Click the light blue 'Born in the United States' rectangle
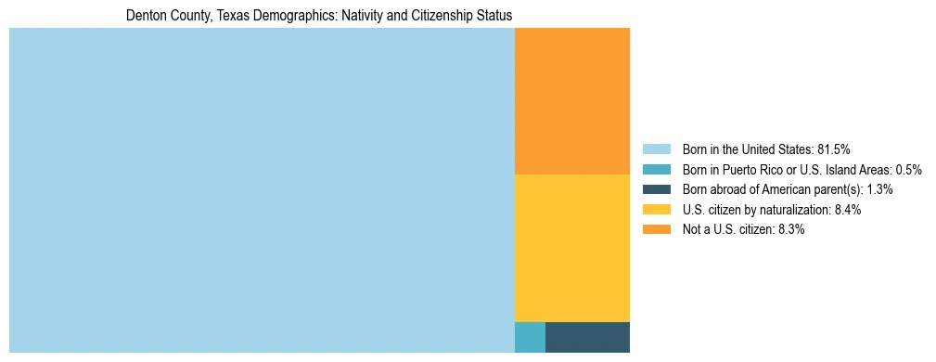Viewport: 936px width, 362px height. pos(262,190)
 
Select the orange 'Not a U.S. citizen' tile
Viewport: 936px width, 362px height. pos(571,101)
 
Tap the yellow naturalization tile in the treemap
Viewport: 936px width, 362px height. pos(571,248)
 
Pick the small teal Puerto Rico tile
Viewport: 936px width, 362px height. pos(530,337)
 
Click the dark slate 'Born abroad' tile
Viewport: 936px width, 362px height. pos(587,337)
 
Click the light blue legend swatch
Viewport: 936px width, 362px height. pos(656,149)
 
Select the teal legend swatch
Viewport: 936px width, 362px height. pos(656,169)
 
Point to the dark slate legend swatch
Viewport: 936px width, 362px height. pos(656,189)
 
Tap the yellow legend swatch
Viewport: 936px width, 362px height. pos(656,210)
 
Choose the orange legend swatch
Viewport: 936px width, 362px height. pos(656,230)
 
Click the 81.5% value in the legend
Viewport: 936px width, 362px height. pos(833,149)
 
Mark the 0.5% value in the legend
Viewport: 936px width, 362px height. pos(908,169)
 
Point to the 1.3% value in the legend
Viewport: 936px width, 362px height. pos(880,189)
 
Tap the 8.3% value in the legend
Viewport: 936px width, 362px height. pos(791,230)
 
